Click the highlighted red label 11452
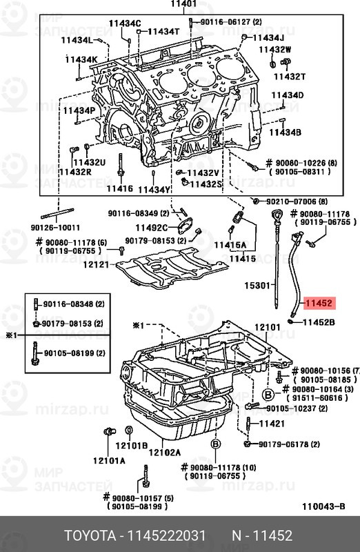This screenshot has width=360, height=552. click(319, 303)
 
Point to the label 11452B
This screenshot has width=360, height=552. click(319, 322)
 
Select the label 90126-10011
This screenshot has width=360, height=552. click(55, 228)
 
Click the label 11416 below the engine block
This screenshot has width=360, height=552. click(119, 188)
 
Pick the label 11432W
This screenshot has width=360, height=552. click(275, 50)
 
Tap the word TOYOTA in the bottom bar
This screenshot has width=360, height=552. click(91, 536)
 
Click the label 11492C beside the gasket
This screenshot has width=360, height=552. click(150, 227)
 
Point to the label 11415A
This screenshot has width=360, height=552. click(230, 245)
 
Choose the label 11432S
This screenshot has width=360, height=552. click(206, 184)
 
